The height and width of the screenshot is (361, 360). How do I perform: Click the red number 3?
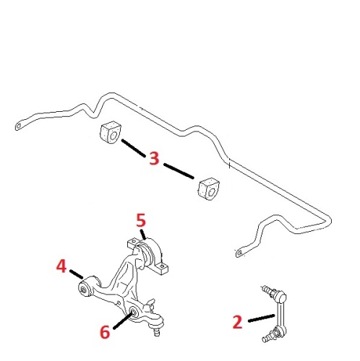pos(154,158)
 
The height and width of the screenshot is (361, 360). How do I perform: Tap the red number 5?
pos(141,220)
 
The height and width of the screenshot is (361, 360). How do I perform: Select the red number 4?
pos(61,266)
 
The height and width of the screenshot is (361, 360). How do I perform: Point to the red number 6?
pos(105,332)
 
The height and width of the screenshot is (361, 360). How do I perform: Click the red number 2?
pos(238,322)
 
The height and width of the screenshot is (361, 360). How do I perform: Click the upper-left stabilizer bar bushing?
pos(111,133)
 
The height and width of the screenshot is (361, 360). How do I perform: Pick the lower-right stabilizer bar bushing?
pos(209,189)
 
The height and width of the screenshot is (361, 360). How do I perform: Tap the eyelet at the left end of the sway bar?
pos(18,126)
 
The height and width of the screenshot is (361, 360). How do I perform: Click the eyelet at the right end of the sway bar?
pos(239,253)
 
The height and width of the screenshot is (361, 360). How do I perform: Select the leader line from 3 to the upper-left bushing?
pos(134,148)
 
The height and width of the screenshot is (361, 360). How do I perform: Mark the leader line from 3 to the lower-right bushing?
pos(179,171)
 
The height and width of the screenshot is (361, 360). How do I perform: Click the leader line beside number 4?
pos(77,274)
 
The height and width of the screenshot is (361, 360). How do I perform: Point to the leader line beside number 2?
pos(262,318)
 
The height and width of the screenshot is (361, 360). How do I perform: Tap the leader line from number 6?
pos(123,321)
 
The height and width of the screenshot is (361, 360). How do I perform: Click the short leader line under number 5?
pos(143,234)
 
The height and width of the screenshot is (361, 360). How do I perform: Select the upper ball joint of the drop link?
pos(280,297)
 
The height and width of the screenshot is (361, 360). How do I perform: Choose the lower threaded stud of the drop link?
pos(267,338)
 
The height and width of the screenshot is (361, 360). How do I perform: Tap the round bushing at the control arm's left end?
pos(85,289)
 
